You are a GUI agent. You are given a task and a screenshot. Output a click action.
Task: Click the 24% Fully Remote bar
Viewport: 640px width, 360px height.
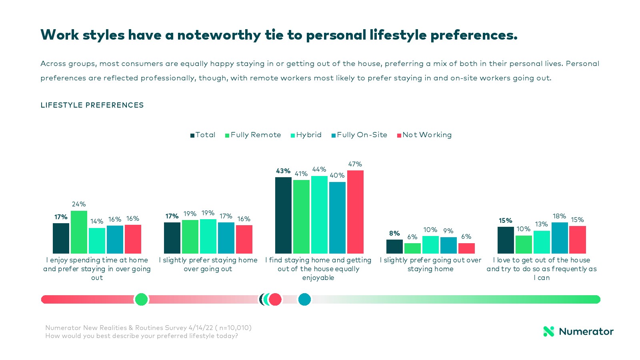79,232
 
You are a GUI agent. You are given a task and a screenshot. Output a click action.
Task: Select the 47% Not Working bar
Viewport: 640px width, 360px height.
355,212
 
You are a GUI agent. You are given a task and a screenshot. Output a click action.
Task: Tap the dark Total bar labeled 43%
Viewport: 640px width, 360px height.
283,215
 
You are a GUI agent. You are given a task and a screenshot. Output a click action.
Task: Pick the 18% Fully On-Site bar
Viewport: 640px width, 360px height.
560,238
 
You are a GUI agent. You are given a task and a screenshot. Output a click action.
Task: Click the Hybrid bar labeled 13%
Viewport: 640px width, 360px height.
542,242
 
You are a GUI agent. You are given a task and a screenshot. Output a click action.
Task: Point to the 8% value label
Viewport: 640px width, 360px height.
394,233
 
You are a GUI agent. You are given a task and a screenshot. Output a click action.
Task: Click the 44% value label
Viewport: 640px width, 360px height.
319,169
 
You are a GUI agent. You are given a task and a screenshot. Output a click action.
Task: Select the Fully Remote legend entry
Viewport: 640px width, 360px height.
253,135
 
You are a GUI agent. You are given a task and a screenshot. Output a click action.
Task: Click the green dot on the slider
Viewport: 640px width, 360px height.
141,299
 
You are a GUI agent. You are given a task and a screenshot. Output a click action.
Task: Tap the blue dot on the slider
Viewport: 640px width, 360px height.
304,299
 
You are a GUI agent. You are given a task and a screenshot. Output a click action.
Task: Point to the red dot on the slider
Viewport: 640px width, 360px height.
275,299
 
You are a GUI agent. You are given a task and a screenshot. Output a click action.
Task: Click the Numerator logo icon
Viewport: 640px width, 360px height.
549,331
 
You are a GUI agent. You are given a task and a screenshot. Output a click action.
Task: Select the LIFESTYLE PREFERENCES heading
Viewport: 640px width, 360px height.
92,105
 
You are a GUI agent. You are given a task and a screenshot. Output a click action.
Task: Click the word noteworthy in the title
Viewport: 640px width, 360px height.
219,35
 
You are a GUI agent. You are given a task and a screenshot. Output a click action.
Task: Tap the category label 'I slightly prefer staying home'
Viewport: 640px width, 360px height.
208,264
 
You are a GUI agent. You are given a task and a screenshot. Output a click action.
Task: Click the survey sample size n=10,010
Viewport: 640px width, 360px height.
235,328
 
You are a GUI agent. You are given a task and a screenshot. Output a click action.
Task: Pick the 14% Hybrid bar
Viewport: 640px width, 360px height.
97,241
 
